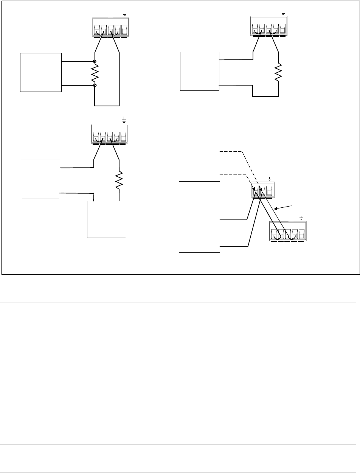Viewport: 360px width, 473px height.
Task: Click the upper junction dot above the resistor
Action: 95,61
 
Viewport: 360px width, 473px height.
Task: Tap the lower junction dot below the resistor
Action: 95,86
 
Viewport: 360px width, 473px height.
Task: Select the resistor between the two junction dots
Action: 95,73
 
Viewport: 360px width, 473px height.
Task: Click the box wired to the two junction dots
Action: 40,72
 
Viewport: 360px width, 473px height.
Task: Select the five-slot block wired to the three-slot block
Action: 287,231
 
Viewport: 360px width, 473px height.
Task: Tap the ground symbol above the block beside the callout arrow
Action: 301,218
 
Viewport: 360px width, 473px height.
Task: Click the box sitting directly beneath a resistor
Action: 107,219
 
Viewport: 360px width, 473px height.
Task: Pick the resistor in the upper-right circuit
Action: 279,72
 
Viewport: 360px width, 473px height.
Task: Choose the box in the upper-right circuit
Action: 200,71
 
